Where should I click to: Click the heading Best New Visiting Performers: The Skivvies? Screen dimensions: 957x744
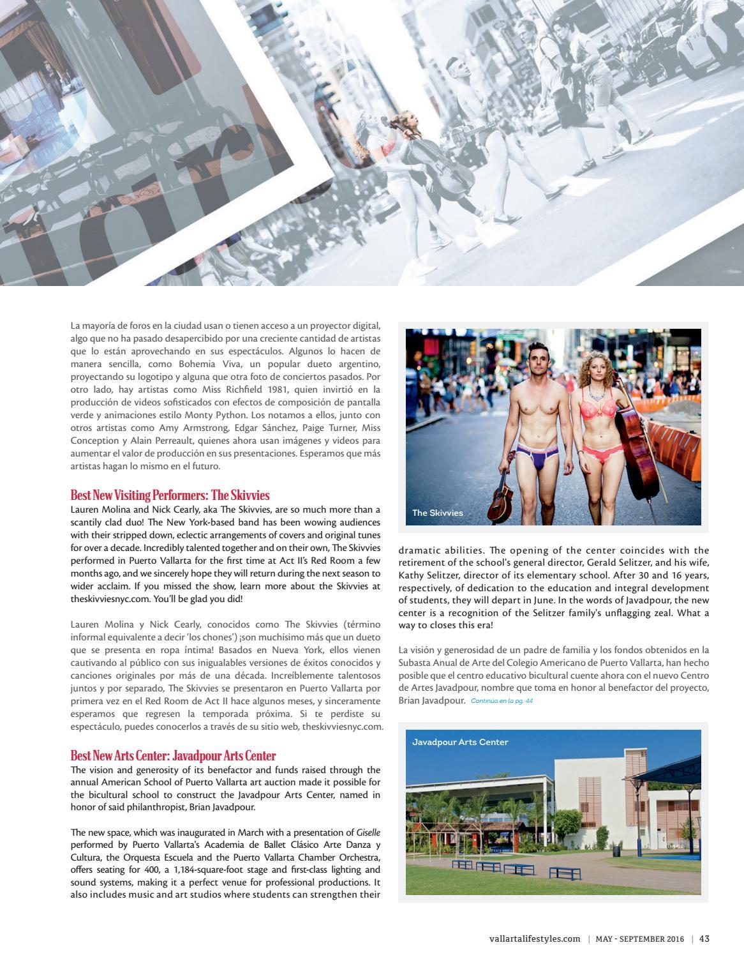tap(170, 495)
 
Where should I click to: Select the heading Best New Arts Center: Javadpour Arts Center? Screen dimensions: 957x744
tap(173, 756)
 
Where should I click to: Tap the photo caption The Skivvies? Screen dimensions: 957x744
tap(438, 513)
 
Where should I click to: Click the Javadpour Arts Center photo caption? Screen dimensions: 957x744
tap(459, 742)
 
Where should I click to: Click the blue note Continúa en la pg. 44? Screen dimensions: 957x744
tap(502, 701)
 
